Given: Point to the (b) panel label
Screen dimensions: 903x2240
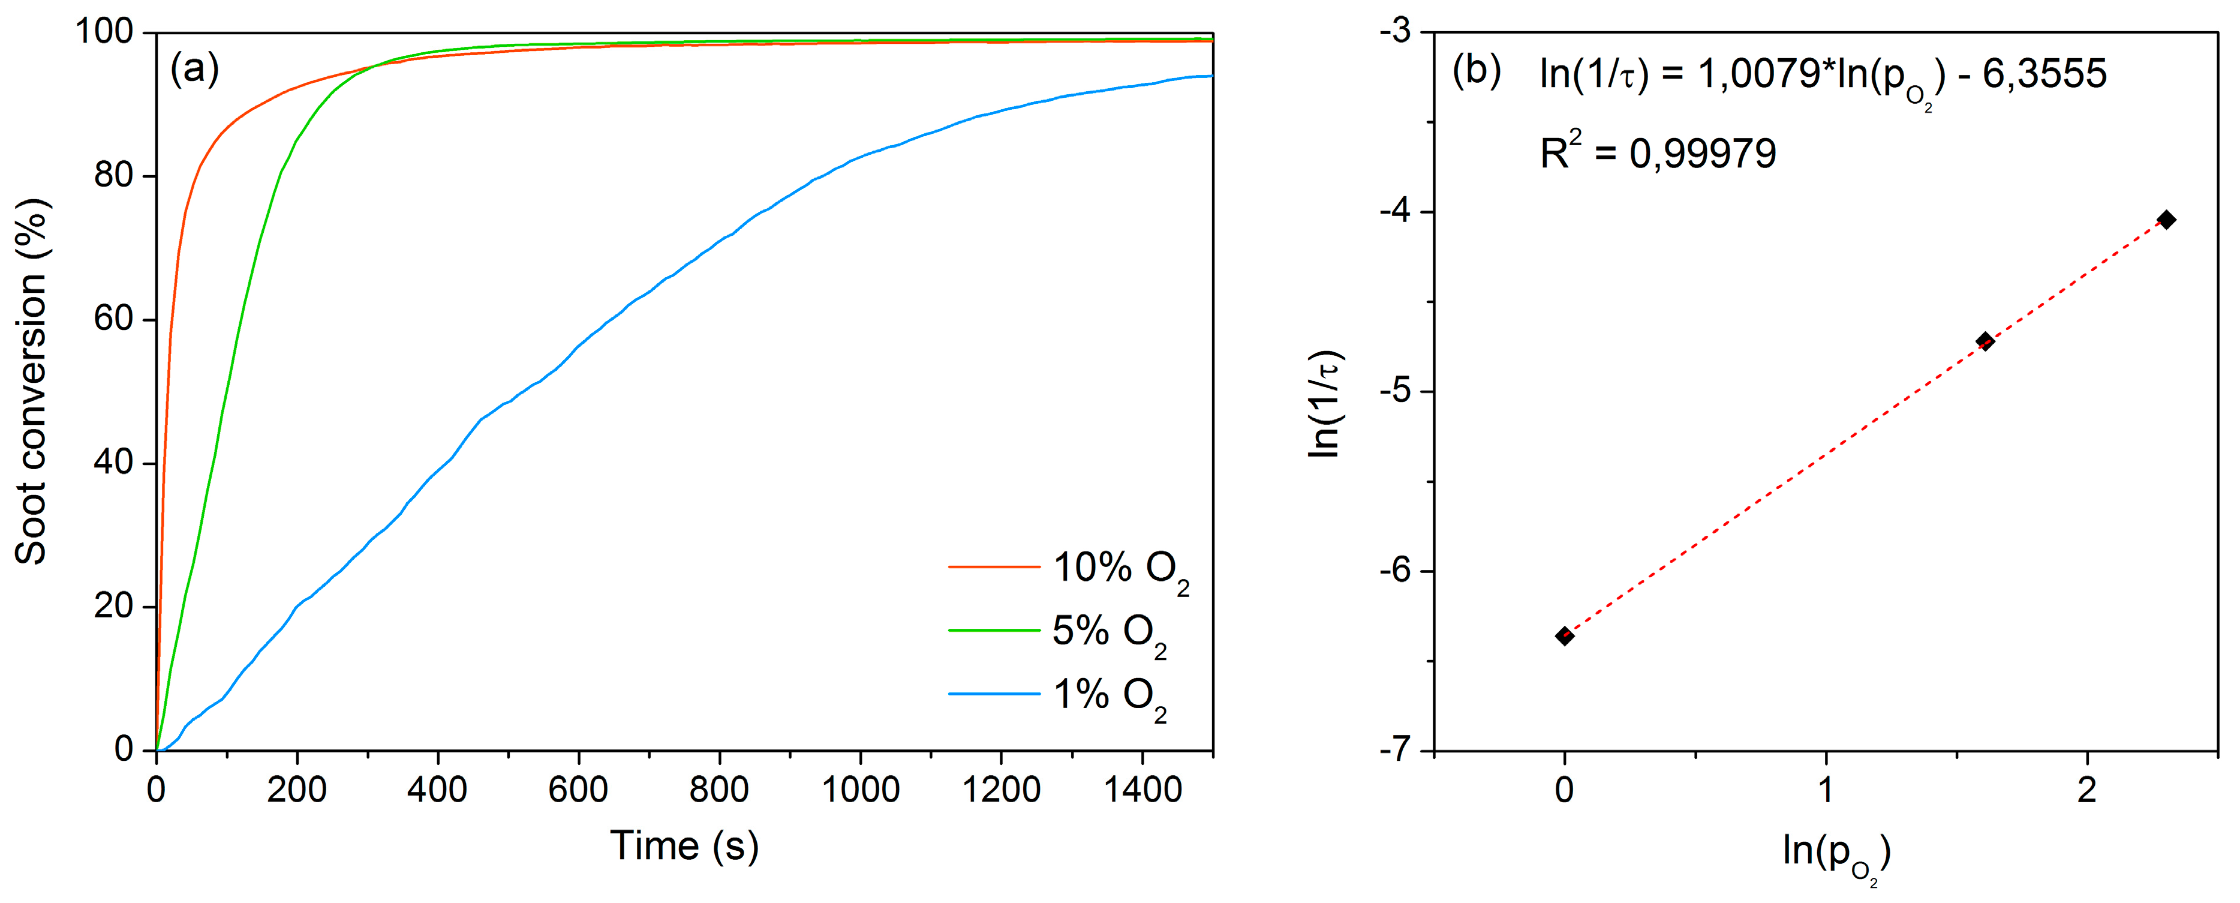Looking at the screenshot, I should coord(1477,70).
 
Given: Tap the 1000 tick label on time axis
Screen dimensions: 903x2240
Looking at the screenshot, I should coord(860,790).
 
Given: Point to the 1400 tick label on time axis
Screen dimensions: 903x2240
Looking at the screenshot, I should coord(1142,790).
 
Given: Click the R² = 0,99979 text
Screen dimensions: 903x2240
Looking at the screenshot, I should coord(1658,153).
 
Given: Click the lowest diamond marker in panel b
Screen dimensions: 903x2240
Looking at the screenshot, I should coord(1564,636).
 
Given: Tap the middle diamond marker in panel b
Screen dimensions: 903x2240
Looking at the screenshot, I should coord(1985,341).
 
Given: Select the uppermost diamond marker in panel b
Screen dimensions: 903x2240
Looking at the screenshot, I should coord(2167,219).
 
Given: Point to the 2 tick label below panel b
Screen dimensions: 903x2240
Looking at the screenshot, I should coord(2086,790).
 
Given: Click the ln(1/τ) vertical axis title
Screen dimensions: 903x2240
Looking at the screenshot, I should coord(1325,404).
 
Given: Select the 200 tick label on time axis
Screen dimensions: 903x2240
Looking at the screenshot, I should coord(296,790).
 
